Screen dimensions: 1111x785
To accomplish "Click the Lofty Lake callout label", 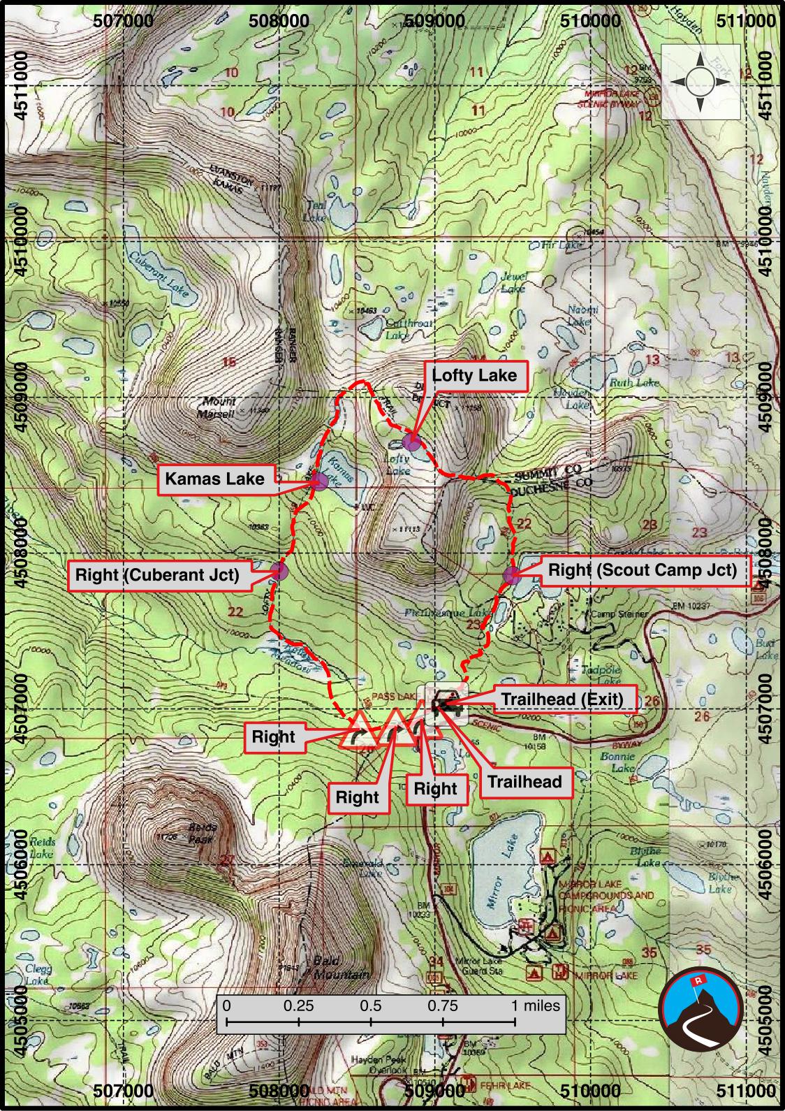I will click(474, 375).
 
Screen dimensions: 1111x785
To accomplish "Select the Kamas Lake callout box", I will click(214, 479).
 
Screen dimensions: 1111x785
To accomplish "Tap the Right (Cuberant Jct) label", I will click(157, 575).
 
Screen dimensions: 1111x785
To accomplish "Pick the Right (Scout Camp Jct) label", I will click(642, 569).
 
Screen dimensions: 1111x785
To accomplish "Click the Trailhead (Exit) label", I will click(562, 699).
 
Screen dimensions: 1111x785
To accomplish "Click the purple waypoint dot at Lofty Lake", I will click(412, 442).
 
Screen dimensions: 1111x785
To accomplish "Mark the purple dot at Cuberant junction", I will click(279, 571).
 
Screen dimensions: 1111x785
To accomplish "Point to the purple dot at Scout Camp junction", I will click(512, 576).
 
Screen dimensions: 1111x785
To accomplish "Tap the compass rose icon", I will click(700, 82).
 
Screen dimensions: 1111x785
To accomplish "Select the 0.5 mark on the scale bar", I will click(371, 1006).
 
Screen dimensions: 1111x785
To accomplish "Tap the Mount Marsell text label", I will click(219, 408).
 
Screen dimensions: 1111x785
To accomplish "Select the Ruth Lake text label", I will click(633, 383).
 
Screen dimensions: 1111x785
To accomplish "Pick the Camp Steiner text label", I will click(619, 614).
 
